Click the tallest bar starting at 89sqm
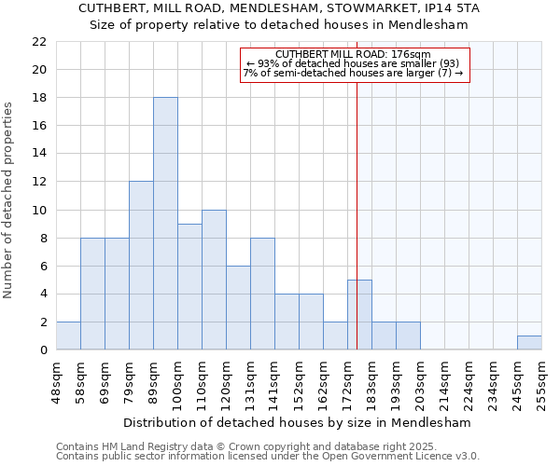[165, 224]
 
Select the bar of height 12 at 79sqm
[141, 266]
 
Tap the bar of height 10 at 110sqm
[214, 280]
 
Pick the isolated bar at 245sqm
[529, 343]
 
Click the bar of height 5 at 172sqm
[359, 315]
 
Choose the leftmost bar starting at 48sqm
[68, 336]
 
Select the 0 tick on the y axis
[44, 350]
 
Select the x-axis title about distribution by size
[297, 422]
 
